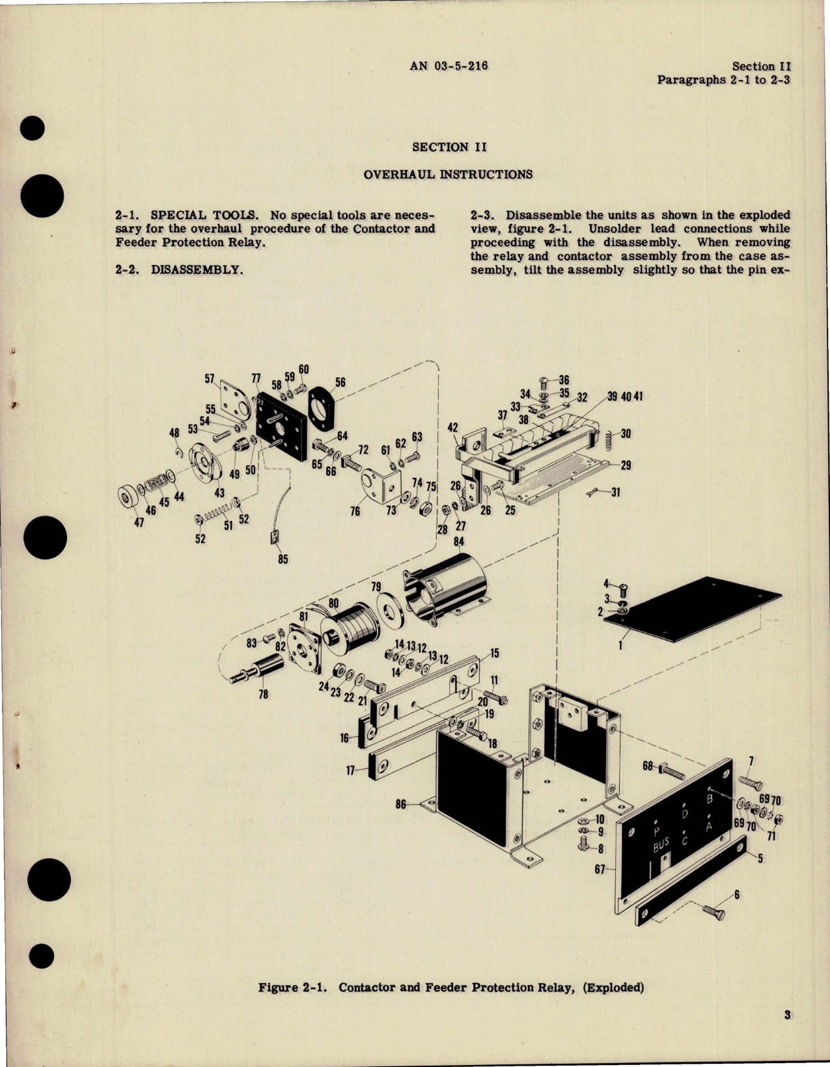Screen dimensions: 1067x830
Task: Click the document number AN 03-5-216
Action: tap(449, 66)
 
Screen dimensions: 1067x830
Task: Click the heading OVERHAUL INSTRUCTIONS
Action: tap(448, 174)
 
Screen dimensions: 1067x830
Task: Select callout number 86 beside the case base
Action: tap(401, 805)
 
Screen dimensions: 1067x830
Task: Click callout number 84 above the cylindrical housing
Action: tap(459, 542)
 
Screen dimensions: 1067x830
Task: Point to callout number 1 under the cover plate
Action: tap(620, 646)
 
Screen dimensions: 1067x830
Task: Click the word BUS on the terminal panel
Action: tap(661, 846)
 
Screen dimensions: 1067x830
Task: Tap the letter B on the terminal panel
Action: tap(710, 798)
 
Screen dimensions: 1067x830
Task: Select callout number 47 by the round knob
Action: tap(139, 522)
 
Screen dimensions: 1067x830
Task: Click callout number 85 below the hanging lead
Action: tap(283, 559)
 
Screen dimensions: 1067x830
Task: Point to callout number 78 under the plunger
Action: tap(263, 695)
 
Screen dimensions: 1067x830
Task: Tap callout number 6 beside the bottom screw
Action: tap(737, 895)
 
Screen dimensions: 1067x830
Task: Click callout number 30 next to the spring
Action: tap(626, 434)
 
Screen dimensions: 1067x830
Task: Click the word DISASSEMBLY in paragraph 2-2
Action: tap(197, 270)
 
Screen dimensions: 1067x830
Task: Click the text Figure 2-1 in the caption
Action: tap(294, 988)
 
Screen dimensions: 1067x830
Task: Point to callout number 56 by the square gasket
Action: tap(340, 383)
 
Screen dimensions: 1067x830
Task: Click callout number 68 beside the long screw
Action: tap(648, 766)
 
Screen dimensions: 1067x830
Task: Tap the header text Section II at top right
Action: tap(761, 66)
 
